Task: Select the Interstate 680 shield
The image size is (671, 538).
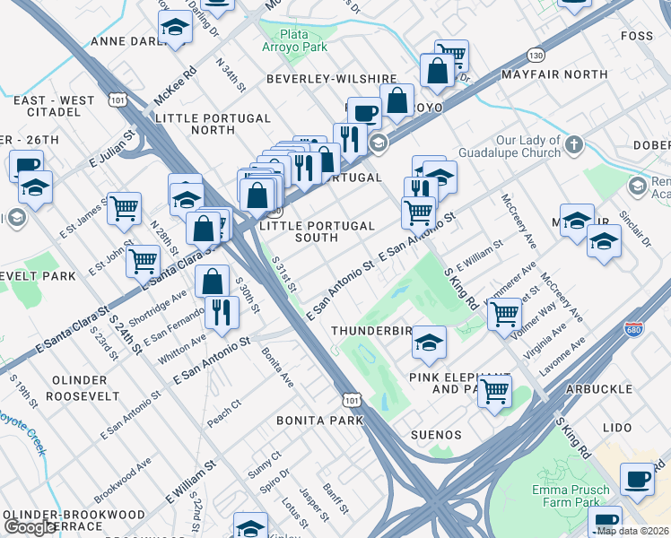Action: pos(634,330)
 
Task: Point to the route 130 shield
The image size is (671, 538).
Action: pos(536,54)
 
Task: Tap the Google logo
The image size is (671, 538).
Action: pos(30,527)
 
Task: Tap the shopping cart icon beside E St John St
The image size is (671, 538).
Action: pos(143,262)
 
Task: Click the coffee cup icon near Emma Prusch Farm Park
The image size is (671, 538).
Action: pos(637,480)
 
